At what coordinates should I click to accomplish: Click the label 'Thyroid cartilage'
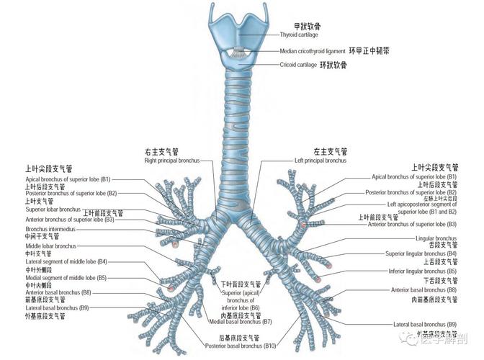[303, 35]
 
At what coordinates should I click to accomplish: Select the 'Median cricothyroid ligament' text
[313, 51]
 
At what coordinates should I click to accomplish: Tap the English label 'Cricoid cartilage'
[300, 66]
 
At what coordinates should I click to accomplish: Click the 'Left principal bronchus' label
[320, 161]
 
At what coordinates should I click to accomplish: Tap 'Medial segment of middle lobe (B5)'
[66, 277]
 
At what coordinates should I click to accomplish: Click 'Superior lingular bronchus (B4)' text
[421, 253]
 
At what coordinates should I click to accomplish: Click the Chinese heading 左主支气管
[330, 151]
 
